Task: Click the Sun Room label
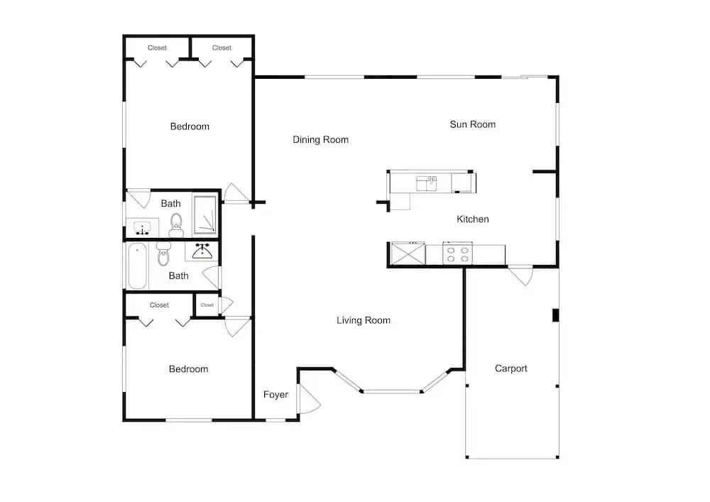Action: coord(472,124)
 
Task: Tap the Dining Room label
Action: coord(321,139)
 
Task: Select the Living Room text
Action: coord(363,320)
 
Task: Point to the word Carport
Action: coord(510,369)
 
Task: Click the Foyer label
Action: coord(275,394)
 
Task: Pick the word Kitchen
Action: coord(472,219)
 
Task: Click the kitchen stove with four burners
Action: coord(457,253)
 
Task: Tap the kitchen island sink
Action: coord(427,184)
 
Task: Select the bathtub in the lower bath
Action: coord(137,266)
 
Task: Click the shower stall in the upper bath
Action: coord(205,214)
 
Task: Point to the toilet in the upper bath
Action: coord(176,225)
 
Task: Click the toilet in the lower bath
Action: coord(163,254)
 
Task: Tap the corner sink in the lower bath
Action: coord(202,251)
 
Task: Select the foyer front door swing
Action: coord(310,399)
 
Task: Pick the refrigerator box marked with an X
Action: coord(408,253)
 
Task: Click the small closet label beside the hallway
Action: coord(207,305)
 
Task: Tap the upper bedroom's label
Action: coord(190,127)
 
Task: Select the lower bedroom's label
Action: coord(188,369)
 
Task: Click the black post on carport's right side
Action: coord(556,315)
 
